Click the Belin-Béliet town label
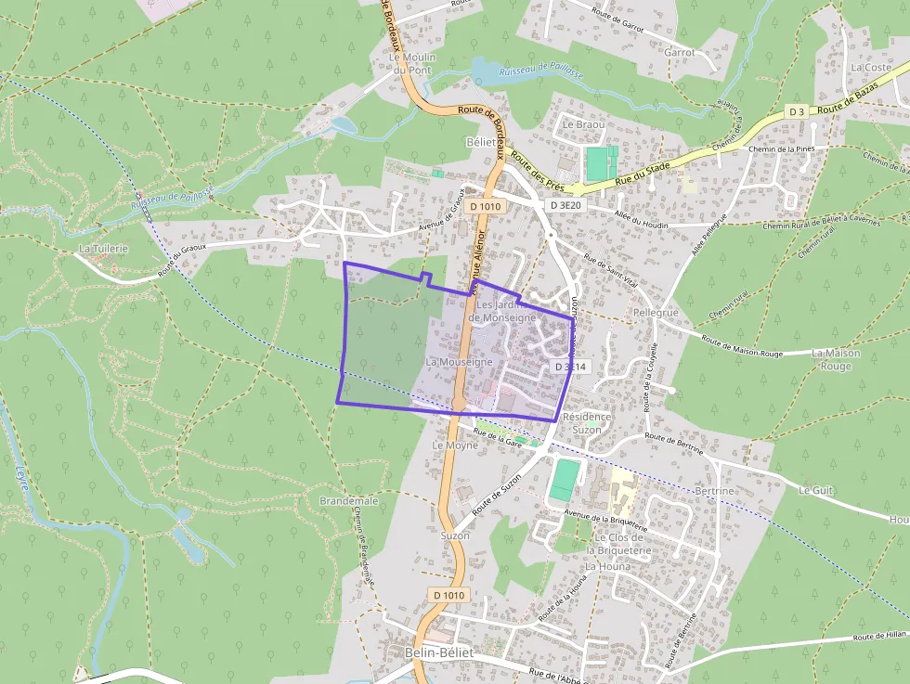[x=439, y=653]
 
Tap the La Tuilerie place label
[x=103, y=249]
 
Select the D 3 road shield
[x=796, y=111]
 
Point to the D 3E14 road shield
[x=571, y=368]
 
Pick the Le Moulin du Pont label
[x=412, y=63]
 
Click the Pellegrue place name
[x=656, y=313]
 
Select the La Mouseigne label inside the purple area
[x=459, y=360]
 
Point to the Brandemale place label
[x=349, y=500]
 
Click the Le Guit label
[x=817, y=490]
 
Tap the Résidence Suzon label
[x=587, y=423]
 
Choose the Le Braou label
[x=583, y=124]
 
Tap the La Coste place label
[x=870, y=68]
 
